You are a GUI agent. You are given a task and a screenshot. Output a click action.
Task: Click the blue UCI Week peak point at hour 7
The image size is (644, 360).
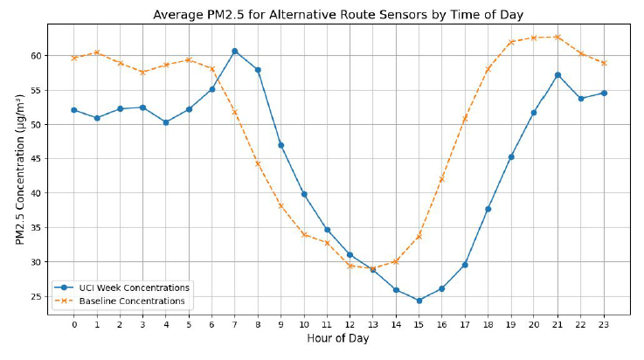pos(234,51)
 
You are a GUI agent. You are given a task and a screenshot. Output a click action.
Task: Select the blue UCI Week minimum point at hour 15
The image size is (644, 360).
pos(419,301)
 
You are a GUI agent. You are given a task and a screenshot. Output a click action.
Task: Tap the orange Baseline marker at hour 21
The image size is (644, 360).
pos(557,37)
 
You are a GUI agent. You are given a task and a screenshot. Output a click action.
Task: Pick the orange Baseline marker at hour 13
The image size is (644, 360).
pos(372,269)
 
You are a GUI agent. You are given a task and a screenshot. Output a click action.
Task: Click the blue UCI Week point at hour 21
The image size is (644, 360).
pos(557,74)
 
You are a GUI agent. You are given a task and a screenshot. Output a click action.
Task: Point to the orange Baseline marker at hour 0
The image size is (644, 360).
pos(73,58)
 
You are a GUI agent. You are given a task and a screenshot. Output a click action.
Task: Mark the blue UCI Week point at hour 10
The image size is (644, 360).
pos(303,194)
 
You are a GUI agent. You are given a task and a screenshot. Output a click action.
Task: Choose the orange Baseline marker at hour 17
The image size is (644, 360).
pos(465,118)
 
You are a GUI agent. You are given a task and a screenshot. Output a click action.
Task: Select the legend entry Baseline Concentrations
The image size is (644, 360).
pos(128,301)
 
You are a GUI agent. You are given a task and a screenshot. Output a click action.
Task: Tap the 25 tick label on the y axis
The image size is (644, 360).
pos(37,296)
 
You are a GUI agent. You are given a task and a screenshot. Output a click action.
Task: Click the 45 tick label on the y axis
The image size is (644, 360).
pos(37,158)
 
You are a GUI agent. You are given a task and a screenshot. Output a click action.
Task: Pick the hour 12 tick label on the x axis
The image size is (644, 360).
pos(350,325)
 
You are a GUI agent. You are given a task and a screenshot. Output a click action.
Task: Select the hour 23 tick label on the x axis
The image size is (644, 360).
pos(603,325)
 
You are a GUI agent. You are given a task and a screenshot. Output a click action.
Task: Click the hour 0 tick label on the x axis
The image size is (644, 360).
pos(73,325)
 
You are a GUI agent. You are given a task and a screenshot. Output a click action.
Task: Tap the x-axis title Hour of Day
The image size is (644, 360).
pos(338,339)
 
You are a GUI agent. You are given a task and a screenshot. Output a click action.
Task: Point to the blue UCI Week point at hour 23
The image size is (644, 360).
pos(603,93)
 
